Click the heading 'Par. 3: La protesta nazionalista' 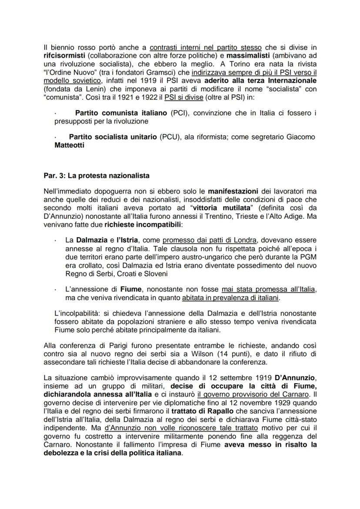tap(96, 176)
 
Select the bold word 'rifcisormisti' tap(64, 56)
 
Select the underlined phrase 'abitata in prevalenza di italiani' tap(231, 298)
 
